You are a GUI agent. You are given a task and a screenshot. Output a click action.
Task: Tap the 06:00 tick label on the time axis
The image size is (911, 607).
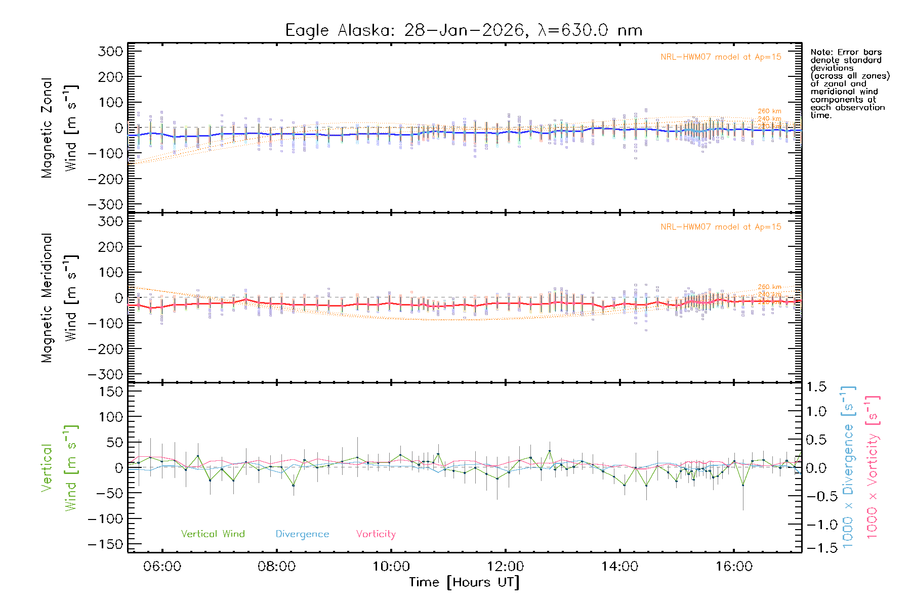click(162, 567)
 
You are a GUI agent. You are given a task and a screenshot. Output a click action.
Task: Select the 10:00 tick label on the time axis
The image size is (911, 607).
click(391, 567)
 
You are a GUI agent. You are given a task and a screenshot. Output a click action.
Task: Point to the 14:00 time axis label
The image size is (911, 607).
click(620, 567)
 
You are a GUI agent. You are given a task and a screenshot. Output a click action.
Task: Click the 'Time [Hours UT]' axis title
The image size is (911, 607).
click(464, 582)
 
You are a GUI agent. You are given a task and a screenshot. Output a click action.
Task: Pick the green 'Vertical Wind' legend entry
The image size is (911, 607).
click(213, 534)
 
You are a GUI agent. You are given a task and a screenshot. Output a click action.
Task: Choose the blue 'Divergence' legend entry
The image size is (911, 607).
click(302, 534)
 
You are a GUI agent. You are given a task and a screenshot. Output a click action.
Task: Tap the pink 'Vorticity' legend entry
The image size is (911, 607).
click(376, 534)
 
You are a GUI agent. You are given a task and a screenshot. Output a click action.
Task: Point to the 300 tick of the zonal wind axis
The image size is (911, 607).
click(111, 52)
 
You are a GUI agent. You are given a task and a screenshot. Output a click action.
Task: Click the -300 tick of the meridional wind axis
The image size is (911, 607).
click(105, 374)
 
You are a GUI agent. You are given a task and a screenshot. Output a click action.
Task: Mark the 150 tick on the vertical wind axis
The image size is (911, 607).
click(111, 392)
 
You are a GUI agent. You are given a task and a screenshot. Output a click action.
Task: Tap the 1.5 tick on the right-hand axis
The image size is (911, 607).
click(816, 387)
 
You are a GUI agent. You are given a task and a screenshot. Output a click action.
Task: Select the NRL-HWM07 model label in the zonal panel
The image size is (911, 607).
click(721, 57)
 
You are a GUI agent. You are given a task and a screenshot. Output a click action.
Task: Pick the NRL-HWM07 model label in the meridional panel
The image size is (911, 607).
click(721, 227)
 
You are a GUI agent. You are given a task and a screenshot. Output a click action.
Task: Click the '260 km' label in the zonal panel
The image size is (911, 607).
click(769, 111)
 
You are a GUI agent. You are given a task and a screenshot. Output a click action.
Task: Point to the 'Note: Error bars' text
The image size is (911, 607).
click(846, 52)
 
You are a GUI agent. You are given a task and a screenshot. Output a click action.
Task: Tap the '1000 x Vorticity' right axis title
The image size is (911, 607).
click(873, 467)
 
